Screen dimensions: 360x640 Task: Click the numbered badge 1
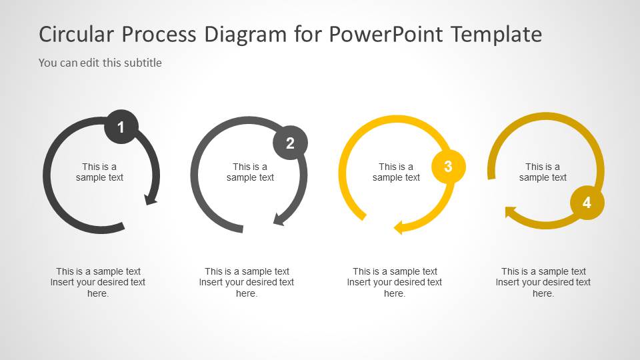click(x=121, y=127)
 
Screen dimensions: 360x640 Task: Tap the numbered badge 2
click(x=290, y=143)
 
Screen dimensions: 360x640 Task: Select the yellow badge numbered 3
click(x=448, y=167)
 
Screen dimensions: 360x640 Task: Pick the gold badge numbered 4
click(x=587, y=203)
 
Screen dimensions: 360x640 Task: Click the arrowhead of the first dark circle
click(x=151, y=198)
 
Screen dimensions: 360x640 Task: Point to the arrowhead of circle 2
click(x=279, y=219)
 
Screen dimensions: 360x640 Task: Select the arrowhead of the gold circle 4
click(x=511, y=213)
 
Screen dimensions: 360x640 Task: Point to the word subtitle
click(x=143, y=63)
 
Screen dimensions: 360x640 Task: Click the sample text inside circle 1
click(x=99, y=172)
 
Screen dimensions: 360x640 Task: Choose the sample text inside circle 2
click(x=250, y=172)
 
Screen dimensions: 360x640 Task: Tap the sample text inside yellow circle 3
click(x=396, y=172)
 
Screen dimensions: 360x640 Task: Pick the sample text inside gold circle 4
click(x=543, y=172)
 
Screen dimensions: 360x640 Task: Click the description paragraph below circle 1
click(x=98, y=282)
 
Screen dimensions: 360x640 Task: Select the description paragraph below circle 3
click(x=395, y=282)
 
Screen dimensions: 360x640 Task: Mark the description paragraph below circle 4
click(x=543, y=282)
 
